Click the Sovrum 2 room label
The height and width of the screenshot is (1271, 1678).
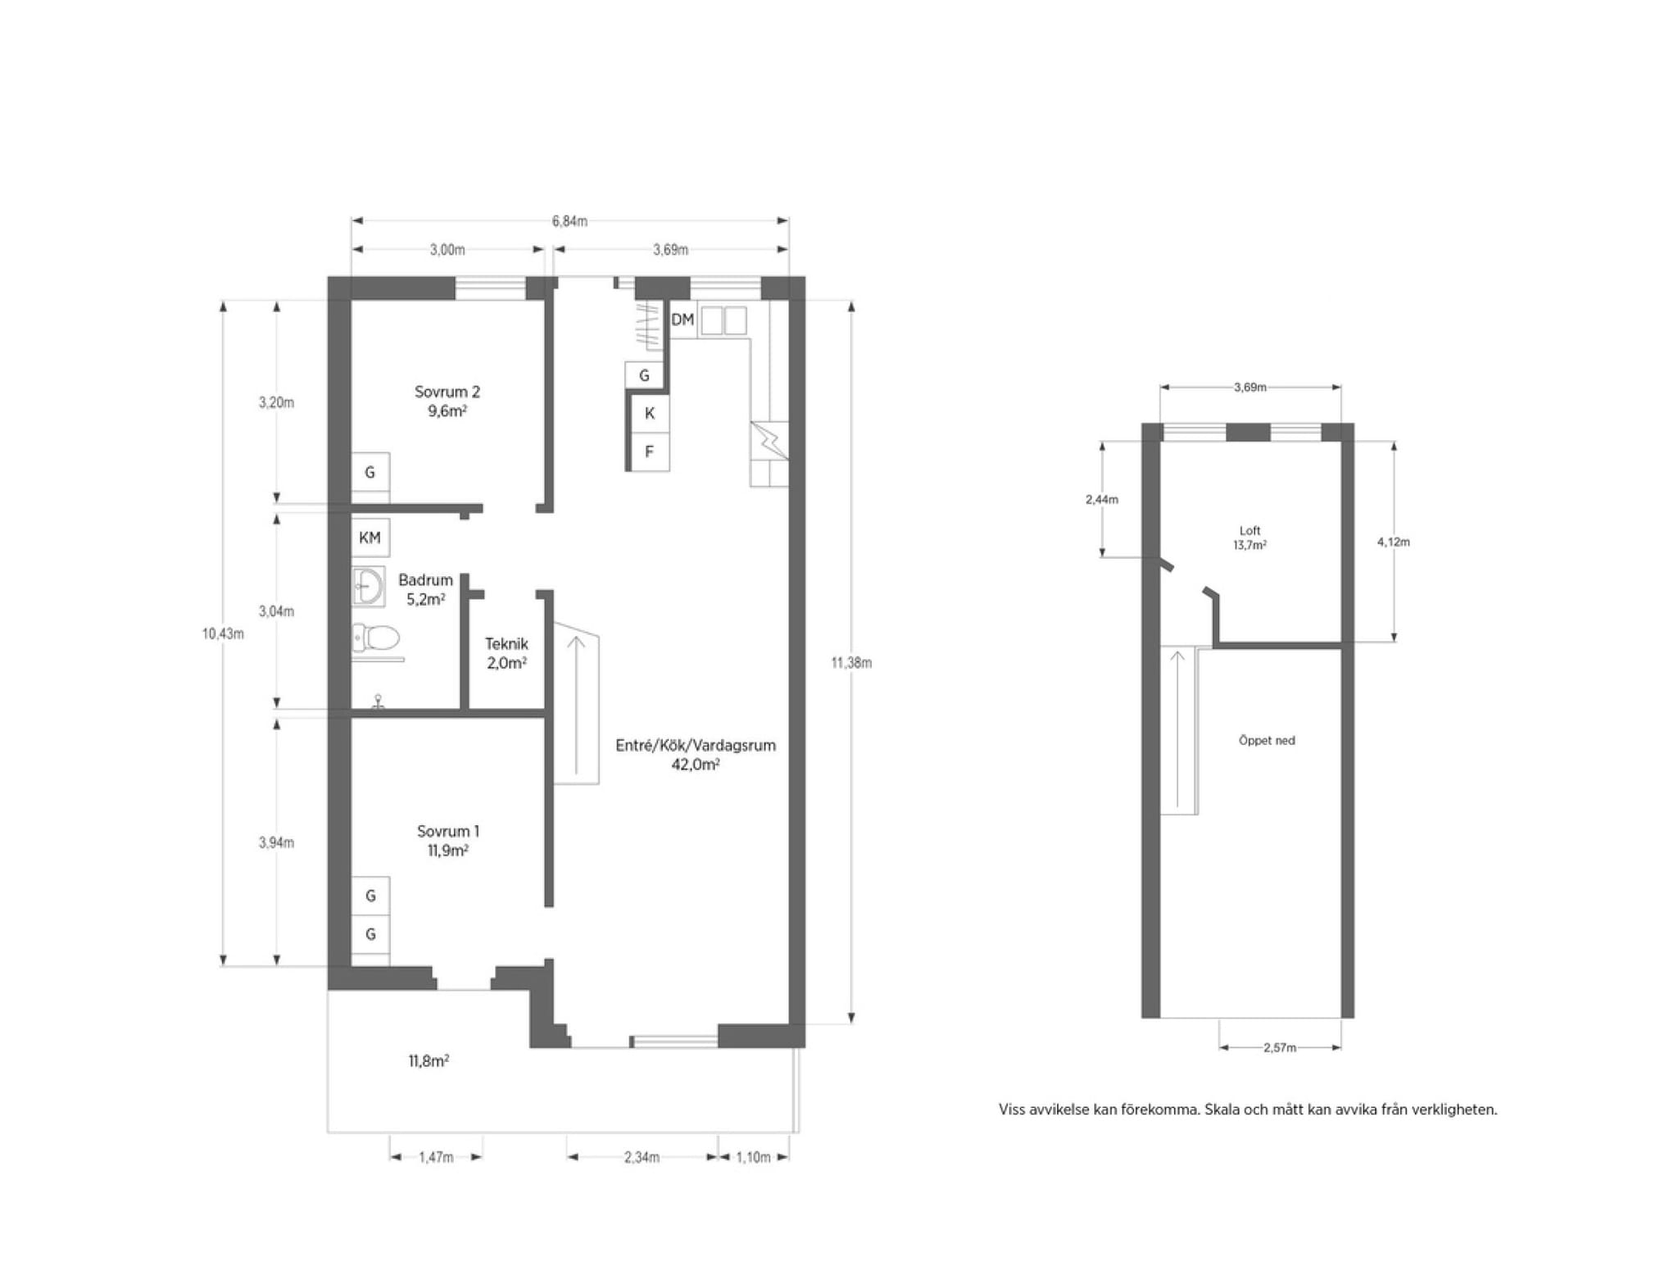447,401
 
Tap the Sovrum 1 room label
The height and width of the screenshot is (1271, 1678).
447,840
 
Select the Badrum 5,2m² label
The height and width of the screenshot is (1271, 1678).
425,589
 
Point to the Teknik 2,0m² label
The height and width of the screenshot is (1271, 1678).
506,653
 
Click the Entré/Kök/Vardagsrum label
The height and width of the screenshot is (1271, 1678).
696,745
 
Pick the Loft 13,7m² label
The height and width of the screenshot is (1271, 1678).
1249,538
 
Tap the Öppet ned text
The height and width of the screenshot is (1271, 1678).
1267,740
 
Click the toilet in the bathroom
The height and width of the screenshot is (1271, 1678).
376,638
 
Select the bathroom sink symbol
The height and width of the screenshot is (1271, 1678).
368,586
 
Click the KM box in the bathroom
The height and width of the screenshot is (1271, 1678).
370,538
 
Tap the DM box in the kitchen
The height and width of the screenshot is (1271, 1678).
683,320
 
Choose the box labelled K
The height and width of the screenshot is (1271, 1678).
649,413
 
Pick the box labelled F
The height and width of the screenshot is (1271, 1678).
649,452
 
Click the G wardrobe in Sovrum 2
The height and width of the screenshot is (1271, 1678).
370,472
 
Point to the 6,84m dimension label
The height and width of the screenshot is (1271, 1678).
569,221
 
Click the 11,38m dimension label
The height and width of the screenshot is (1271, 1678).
851,662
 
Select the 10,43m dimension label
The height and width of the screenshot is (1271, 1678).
223,633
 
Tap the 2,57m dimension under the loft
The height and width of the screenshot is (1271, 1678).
1280,1047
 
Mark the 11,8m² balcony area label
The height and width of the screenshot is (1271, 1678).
429,1060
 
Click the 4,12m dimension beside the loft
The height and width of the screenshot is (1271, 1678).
1394,542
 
